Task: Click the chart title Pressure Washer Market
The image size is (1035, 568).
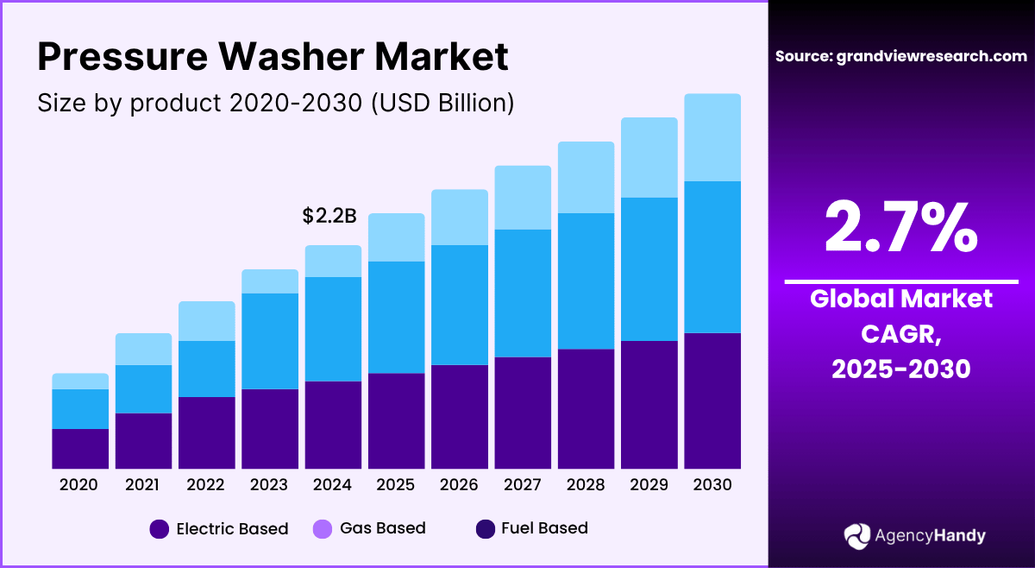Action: [273, 57]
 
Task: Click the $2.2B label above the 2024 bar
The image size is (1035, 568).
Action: [329, 217]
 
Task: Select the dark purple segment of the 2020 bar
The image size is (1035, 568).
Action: [80, 449]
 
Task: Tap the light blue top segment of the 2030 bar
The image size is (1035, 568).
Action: [712, 137]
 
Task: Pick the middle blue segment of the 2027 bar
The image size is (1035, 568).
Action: [523, 293]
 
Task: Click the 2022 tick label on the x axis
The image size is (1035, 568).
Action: [206, 485]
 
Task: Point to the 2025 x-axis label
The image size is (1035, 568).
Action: [396, 485]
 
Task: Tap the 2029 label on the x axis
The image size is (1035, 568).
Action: [649, 485]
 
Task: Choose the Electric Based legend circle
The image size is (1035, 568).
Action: [160, 529]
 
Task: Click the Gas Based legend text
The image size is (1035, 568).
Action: [382, 528]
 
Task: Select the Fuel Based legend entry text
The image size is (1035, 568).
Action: [544, 528]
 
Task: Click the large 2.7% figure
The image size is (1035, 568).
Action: [901, 227]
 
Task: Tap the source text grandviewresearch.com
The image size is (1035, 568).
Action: [901, 56]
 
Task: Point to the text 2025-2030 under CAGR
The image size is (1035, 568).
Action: [901, 369]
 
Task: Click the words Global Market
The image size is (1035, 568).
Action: [901, 300]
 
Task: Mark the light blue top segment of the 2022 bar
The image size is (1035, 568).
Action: [206, 321]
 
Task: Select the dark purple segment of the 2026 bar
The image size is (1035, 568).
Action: [460, 417]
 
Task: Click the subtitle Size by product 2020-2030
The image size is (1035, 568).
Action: [276, 103]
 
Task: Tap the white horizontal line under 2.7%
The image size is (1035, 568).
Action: [901, 281]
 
